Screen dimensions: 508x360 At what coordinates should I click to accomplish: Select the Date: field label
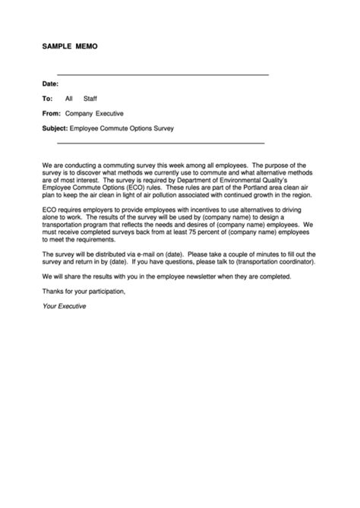point(50,84)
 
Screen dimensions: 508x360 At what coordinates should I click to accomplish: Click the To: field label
point(47,99)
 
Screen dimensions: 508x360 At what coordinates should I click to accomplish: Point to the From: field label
point(52,113)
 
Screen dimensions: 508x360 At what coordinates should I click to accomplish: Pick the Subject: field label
point(55,128)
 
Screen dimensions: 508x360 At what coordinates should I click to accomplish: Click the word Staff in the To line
point(90,99)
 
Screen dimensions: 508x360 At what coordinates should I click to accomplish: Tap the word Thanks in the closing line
point(52,290)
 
